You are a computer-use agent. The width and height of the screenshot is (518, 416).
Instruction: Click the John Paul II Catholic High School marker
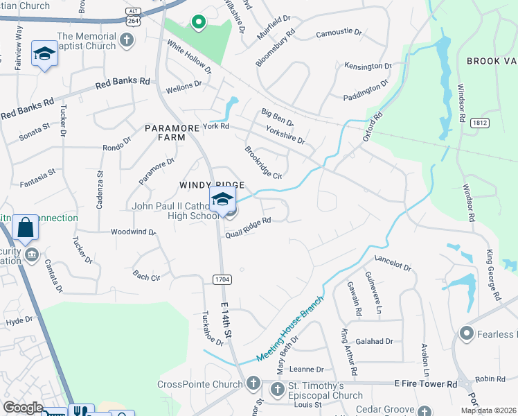pyautogui.click(x=223, y=200)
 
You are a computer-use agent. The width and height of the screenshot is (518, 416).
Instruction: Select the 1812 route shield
pyautogui.click(x=479, y=122)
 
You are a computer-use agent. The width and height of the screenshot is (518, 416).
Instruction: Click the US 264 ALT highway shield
pyautogui.click(x=131, y=16)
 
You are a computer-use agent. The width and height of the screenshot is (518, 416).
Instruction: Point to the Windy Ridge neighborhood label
pyautogui.click(x=212, y=184)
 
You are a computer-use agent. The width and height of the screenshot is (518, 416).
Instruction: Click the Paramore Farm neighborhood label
pyautogui.click(x=165, y=132)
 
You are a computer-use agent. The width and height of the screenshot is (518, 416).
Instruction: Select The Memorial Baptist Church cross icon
pyautogui.click(x=125, y=40)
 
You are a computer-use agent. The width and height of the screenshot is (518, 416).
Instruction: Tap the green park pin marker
pyautogui.click(x=198, y=23)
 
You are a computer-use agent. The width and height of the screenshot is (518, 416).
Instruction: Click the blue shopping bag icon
pyautogui.click(x=25, y=227)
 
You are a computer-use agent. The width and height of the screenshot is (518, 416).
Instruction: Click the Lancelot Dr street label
pyautogui.click(x=393, y=263)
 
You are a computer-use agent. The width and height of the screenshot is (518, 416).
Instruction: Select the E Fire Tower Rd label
pyautogui.click(x=425, y=383)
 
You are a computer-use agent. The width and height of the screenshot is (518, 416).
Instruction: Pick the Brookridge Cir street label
pyautogui.click(x=263, y=162)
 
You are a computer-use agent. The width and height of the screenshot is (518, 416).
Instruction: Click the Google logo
pyautogui.click(x=23, y=408)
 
